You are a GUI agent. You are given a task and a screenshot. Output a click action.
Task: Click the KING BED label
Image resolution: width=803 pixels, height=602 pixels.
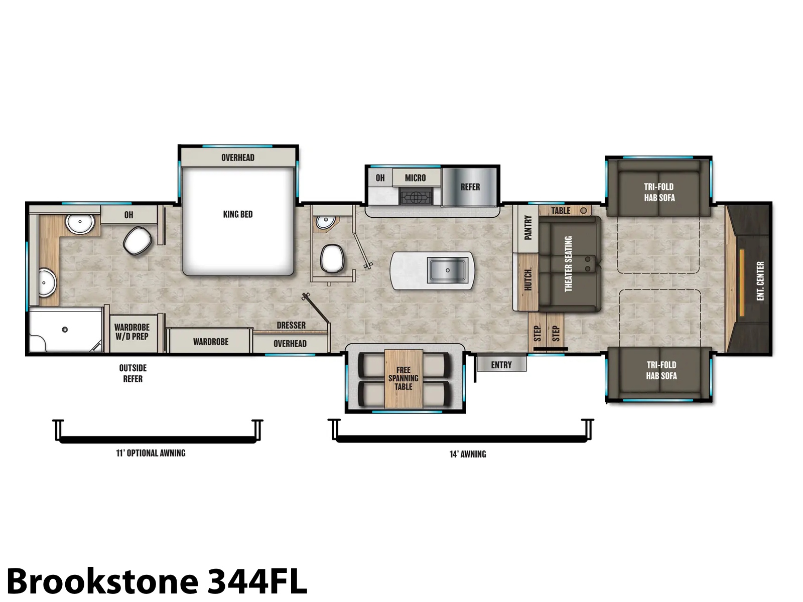click(x=238, y=214)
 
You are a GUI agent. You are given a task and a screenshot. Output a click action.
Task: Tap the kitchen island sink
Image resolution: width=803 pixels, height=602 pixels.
click(x=447, y=270)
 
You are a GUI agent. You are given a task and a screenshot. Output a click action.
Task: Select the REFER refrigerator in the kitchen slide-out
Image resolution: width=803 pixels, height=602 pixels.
click(x=470, y=187)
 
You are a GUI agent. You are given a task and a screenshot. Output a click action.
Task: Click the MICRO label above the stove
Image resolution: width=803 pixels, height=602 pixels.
click(x=415, y=178)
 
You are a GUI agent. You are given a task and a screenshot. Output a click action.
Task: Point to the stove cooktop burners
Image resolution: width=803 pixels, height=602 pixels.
click(x=416, y=197)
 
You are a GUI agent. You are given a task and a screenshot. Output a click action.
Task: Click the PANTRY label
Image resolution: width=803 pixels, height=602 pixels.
click(x=527, y=228)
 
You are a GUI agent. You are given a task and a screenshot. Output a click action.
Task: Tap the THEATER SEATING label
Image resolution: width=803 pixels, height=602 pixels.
click(x=568, y=264)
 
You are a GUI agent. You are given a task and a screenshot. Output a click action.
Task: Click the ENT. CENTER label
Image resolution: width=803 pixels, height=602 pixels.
click(x=760, y=281)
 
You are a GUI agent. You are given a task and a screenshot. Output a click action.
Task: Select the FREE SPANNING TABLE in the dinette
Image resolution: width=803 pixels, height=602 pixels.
click(x=404, y=379)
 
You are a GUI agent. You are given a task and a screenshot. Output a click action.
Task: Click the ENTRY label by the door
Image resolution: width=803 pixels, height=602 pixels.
click(x=501, y=365)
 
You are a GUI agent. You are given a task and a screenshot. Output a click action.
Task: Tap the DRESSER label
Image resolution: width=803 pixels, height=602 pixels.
click(x=291, y=325)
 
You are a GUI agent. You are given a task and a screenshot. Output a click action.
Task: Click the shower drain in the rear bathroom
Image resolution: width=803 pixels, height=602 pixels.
click(x=65, y=330)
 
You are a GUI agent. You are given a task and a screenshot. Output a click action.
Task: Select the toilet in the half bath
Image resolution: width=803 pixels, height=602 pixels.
click(x=332, y=258)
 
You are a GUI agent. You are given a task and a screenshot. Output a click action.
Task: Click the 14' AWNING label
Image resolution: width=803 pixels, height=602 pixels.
click(x=468, y=455)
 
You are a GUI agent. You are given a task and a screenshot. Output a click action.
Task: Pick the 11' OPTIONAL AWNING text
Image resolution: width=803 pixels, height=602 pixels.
click(x=151, y=453)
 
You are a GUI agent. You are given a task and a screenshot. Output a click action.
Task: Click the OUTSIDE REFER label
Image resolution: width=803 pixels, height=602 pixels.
click(x=133, y=374)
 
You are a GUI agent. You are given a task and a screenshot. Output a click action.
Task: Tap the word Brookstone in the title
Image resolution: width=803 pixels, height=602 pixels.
click(x=102, y=581)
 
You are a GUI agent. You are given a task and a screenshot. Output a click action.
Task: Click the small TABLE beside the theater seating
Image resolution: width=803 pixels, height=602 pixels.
click(x=565, y=211)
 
